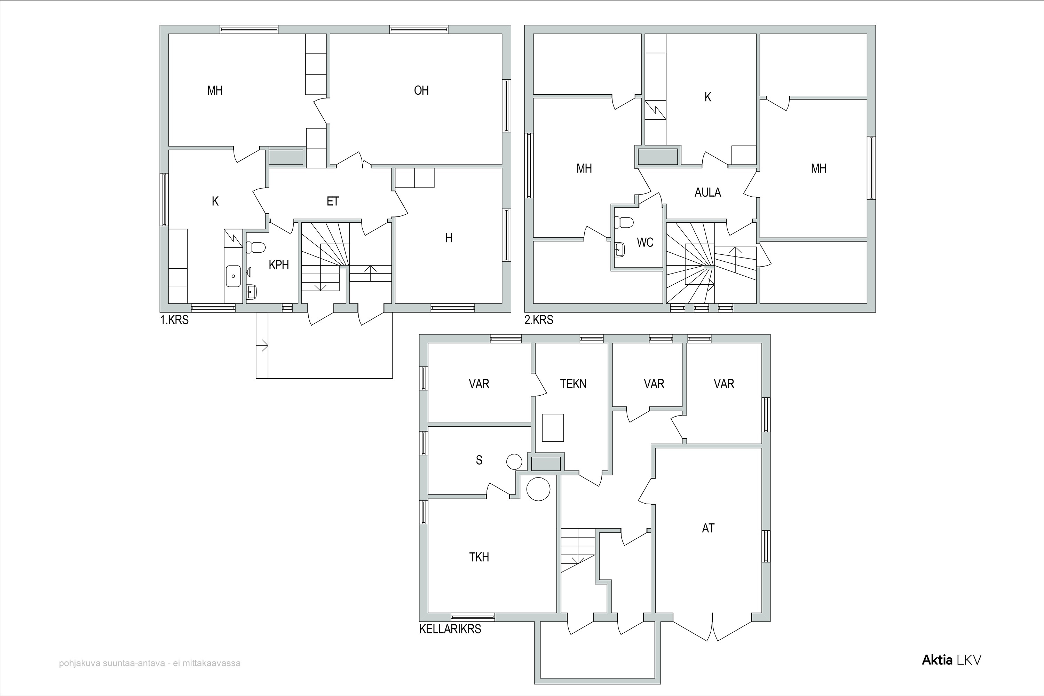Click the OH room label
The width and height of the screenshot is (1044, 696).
coord(421,90)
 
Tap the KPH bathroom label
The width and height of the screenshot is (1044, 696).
coord(279,265)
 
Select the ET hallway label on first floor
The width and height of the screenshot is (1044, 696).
coord(333,201)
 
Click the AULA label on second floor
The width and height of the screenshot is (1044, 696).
coord(707,193)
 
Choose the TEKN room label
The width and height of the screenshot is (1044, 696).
coord(573,384)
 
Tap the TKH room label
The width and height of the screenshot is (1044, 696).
coord(479,557)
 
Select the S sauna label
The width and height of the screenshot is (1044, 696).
coord(479,460)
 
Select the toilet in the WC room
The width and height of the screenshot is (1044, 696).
coord(624,222)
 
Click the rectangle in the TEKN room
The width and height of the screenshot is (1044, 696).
coord(553,427)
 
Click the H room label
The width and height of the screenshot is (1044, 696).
coord(449,238)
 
